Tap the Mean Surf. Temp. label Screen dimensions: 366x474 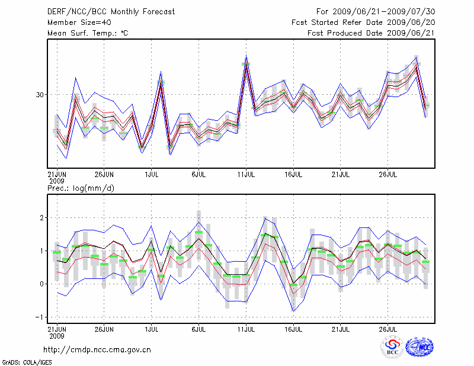click(88, 33)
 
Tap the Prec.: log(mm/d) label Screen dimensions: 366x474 click(81, 188)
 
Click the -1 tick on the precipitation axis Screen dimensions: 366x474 click(40, 317)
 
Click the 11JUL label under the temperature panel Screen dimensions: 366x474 click(246, 175)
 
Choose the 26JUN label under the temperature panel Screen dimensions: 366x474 click(104, 175)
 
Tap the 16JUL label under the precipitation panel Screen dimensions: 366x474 click(293, 328)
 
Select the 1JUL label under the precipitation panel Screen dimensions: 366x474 click(151, 328)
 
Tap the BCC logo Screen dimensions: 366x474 click(392, 347)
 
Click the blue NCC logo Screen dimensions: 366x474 click(419, 347)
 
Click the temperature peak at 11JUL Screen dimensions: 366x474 click(246, 59)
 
